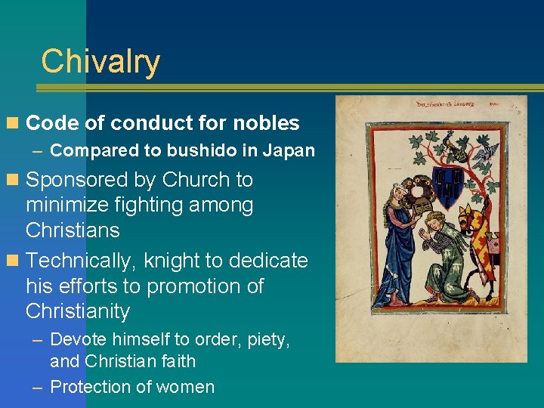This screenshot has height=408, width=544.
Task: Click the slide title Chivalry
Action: tap(100, 61)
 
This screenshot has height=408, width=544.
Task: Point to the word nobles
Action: tap(267, 123)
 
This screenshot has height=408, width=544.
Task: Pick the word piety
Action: tap(267, 339)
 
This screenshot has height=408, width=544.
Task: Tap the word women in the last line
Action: tap(188, 387)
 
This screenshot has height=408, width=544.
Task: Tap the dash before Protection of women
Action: tap(37, 387)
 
